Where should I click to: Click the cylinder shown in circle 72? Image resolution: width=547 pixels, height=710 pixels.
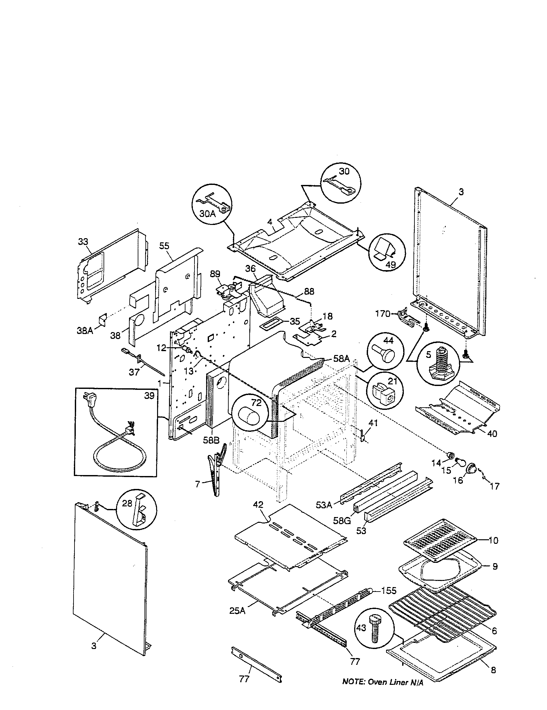[249, 417]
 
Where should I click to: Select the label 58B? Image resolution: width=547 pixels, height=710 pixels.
[212, 441]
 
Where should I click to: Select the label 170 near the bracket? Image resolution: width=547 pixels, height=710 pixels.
[382, 314]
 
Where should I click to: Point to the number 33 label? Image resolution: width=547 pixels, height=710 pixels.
[83, 241]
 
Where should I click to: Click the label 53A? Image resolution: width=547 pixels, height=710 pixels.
[324, 505]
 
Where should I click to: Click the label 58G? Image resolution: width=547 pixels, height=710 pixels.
[341, 521]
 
